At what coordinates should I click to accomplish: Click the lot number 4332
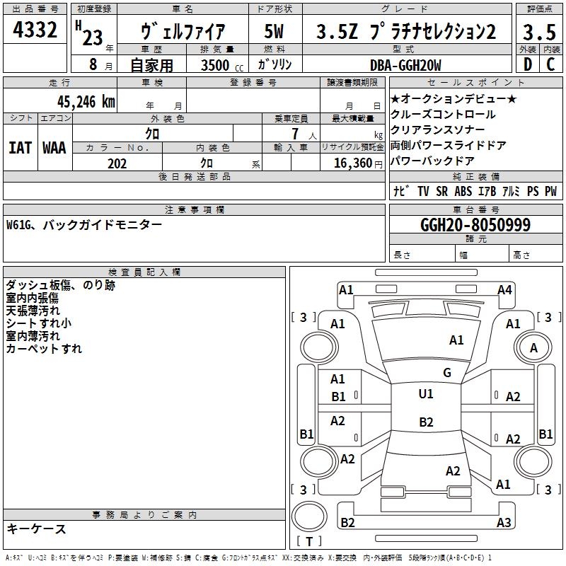[35, 30]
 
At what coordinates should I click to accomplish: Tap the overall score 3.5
[539, 32]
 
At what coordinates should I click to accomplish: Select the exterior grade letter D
[527, 64]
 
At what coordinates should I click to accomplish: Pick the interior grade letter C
[551, 64]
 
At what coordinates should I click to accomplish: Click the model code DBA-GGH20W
[405, 65]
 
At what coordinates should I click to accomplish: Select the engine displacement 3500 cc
[220, 65]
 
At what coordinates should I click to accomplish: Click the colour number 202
[117, 163]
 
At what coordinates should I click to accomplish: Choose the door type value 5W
[275, 32]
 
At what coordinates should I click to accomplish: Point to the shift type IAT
[20, 147]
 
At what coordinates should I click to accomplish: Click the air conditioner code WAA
[54, 147]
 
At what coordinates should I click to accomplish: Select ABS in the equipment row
[463, 192]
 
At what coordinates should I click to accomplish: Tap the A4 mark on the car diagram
[504, 289]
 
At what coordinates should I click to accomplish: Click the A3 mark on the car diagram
[504, 523]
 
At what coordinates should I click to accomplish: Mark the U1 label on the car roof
[426, 394]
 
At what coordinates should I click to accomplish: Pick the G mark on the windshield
[447, 373]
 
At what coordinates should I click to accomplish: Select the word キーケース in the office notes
[36, 529]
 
